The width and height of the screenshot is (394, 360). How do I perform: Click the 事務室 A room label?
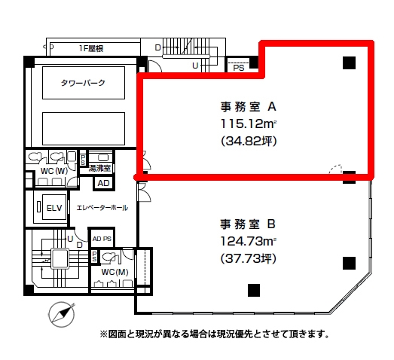[249, 107]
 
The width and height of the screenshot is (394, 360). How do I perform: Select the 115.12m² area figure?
[249, 124]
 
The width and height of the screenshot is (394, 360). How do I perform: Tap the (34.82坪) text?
[249, 141]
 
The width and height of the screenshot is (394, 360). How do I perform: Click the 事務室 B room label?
[248, 224]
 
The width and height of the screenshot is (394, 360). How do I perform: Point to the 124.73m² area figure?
[249, 242]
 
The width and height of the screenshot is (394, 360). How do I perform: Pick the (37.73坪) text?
[249, 258]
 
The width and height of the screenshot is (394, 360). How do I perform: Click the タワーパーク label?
[83, 83]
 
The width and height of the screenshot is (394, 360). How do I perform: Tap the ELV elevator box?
[54, 208]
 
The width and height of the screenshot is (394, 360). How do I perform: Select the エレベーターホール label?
[102, 208]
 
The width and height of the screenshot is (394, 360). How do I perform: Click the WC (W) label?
[54, 171]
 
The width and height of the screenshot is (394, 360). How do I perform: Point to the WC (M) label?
[115, 272]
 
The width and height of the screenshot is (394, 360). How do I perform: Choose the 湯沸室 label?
[99, 168]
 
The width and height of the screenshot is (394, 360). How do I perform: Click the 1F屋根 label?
[91, 48]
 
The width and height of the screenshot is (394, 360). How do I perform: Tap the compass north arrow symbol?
[62, 314]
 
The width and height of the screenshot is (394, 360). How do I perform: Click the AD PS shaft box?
[102, 239]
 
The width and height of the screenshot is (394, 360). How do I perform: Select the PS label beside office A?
[239, 68]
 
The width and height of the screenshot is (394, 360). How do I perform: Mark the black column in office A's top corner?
[350, 63]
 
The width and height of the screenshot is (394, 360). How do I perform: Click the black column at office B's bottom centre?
[254, 290]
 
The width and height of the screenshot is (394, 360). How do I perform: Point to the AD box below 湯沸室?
[104, 183]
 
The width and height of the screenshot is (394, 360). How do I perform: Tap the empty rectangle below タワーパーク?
[84, 129]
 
